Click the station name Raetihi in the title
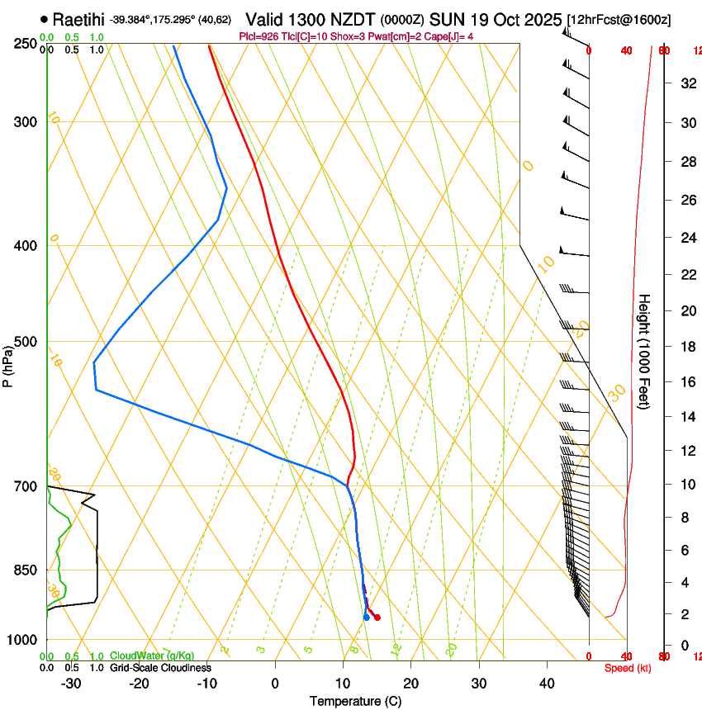point(78,19)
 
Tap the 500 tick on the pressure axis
point(26,342)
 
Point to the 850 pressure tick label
point(26,570)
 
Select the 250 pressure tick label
point(26,43)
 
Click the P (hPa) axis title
point(7,364)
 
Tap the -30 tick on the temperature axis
point(71,683)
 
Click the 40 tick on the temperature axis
point(546,683)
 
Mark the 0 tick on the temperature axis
point(275,683)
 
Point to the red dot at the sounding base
point(377,617)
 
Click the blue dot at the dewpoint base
point(366,617)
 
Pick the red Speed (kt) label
point(628,668)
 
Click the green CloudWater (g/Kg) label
point(152,656)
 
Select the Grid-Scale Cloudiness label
point(160,667)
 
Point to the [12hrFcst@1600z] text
point(619,19)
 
